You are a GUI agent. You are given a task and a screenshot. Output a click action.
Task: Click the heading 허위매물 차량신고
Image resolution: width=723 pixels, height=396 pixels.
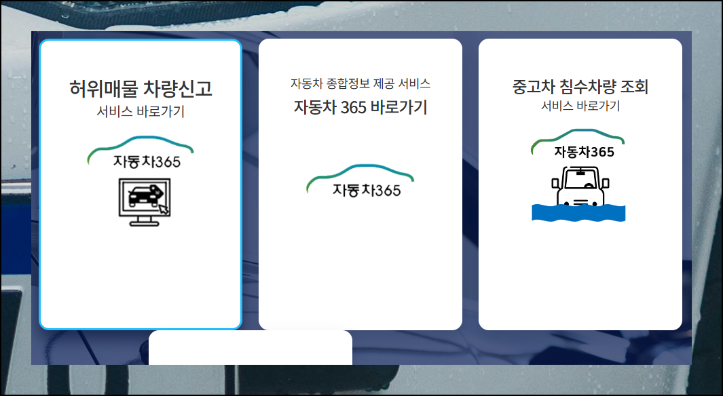(141, 88)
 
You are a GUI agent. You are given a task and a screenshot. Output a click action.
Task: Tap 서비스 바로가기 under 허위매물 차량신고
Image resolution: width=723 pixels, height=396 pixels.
(141, 112)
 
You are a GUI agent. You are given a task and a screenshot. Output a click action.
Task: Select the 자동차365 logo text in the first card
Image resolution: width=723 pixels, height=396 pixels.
(147, 162)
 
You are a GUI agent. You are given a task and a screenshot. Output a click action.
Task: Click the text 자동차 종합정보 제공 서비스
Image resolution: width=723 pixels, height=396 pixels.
(360, 84)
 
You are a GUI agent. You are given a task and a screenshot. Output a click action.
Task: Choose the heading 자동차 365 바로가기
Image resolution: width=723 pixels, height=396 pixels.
(360, 107)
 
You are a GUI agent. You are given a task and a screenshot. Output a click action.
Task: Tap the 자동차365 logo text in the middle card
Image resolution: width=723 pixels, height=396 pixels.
(367, 191)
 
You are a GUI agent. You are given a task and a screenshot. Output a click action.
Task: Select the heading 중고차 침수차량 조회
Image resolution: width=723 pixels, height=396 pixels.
(580, 87)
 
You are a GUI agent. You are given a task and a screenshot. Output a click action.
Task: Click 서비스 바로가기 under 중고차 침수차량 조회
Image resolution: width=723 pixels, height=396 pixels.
(580, 106)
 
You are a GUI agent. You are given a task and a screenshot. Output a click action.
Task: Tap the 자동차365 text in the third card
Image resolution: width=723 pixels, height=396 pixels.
(584, 152)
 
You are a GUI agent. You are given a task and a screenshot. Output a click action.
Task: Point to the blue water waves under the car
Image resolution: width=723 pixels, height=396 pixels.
(578, 212)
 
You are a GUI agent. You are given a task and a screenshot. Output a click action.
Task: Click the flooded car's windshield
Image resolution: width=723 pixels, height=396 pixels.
(580, 180)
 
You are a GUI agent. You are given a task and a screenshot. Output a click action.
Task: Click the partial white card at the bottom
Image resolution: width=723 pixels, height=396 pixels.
(250, 347)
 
